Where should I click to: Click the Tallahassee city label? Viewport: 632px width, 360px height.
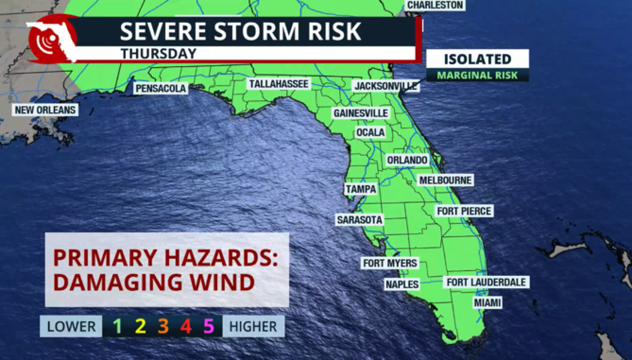point(279,84)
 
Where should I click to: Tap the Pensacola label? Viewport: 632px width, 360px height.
point(161,88)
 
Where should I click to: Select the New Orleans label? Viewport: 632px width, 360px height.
point(45,110)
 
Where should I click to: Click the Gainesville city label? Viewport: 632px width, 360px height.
point(361,113)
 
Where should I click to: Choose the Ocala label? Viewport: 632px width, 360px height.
point(370,132)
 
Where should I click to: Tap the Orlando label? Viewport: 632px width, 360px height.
point(407,160)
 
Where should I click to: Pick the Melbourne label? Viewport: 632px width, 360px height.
point(445,180)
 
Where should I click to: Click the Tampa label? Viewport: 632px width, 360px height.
point(361,189)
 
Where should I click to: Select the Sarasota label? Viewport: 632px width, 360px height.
point(359,220)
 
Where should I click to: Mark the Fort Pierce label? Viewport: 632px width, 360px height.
point(464,211)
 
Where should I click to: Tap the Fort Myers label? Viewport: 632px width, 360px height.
point(390,263)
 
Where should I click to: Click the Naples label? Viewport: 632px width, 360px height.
point(402,285)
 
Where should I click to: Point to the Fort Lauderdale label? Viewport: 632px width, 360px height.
point(486,282)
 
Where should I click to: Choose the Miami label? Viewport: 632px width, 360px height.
point(487,303)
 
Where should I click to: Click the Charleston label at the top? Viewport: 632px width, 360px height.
point(435,5)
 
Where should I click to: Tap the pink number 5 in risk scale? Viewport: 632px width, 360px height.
point(208,326)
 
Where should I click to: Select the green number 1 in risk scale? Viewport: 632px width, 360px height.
point(117,326)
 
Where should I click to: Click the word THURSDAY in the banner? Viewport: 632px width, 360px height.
point(158,54)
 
